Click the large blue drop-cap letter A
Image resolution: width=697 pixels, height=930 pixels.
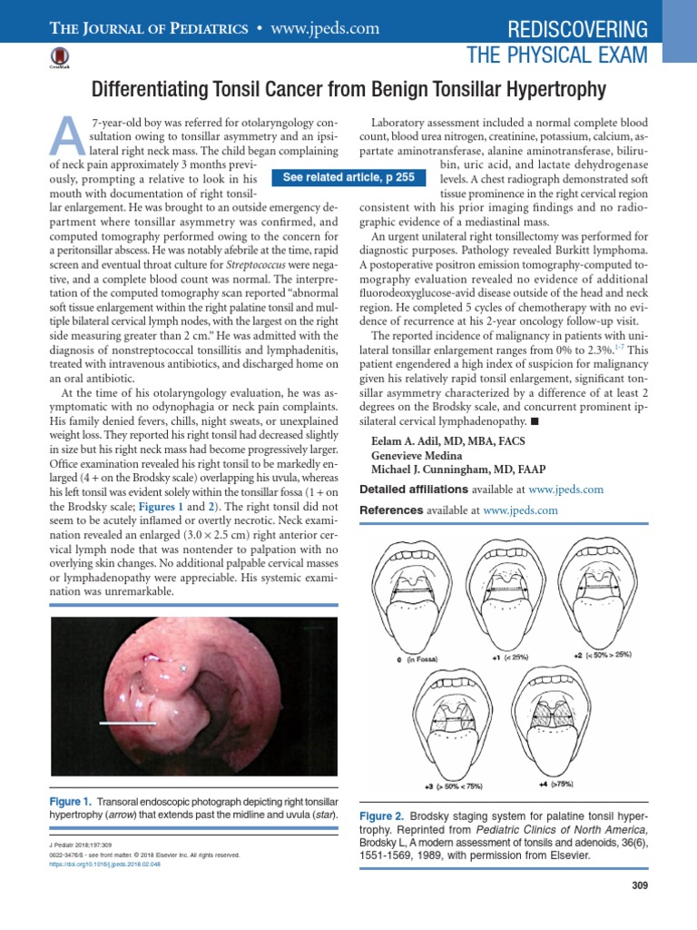click(x=64, y=138)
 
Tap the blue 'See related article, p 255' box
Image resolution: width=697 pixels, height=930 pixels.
click(x=348, y=178)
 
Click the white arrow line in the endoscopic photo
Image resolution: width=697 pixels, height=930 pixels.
click(x=127, y=723)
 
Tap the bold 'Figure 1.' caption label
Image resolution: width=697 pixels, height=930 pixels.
click(x=69, y=802)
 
